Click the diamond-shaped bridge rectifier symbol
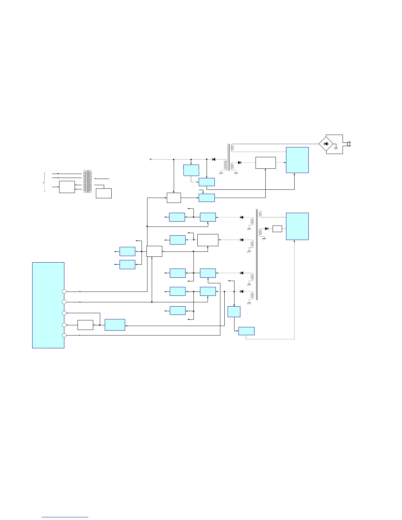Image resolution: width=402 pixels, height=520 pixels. [x=326, y=144]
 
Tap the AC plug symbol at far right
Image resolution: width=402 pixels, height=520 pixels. [x=349, y=144]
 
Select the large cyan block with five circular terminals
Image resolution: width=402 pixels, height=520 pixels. [x=48, y=305]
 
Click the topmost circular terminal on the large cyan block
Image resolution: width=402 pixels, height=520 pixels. [x=64, y=291]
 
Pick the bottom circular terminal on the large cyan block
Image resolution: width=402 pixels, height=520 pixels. [x=64, y=335]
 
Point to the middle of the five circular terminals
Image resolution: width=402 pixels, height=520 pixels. [x=64, y=313]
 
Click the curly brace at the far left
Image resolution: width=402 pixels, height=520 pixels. [x=45, y=182]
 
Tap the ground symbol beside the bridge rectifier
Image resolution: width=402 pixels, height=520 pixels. [x=336, y=149]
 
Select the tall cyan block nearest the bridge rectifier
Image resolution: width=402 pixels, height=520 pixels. [x=297, y=160]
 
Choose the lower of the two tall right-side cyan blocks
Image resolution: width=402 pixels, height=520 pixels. [x=297, y=226]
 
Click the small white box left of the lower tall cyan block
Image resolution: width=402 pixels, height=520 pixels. [x=277, y=229]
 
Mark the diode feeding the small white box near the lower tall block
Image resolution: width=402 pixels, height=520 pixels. [x=267, y=228]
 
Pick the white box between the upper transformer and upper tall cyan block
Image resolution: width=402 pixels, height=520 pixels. [x=265, y=163]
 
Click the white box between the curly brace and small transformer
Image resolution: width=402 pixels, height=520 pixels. [x=67, y=187]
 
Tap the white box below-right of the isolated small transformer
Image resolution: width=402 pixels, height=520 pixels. [x=103, y=193]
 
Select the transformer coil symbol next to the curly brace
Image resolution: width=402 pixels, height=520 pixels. [x=87, y=182]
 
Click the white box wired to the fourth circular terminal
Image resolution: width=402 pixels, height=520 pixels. [x=85, y=325]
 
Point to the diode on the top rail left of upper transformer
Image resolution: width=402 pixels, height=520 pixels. [x=213, y=159]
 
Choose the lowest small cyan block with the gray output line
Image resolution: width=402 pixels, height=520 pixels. [x=246, y=331]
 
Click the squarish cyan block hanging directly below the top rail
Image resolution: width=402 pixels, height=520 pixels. [x=191, y=170]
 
